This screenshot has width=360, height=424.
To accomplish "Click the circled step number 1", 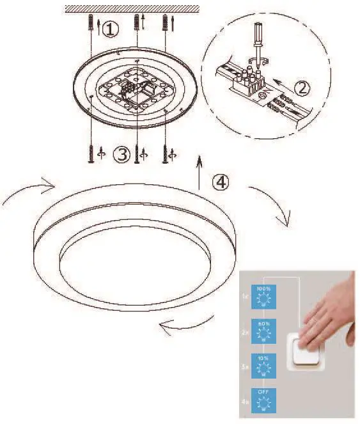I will (111, 29).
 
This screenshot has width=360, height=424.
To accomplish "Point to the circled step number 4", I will (220, 183).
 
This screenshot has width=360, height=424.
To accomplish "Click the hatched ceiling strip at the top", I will (128, 8).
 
